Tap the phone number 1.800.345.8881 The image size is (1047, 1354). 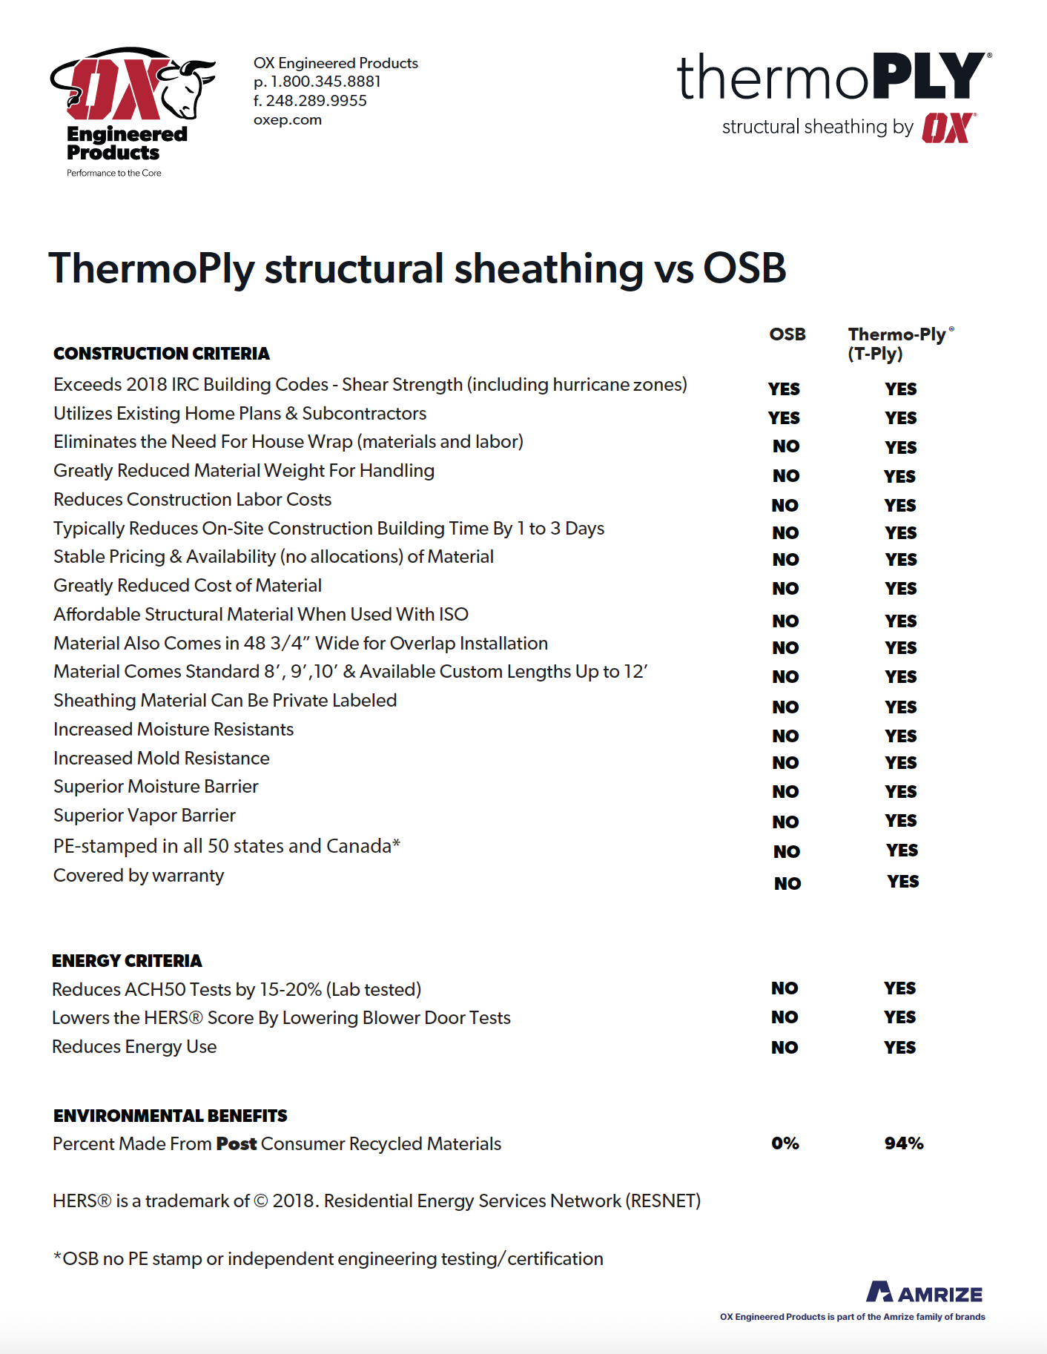(x=326, y=82)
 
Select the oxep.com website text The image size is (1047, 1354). (x=288, y=120)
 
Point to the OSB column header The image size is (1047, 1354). (x=787, y=334)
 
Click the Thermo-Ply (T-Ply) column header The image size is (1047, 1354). (x=896, y=344)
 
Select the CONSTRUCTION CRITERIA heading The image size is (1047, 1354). (x=162, y=354)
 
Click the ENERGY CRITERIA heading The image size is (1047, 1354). (x=127, y=961)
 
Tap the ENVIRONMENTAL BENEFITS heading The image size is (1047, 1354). (x=170, y=1116)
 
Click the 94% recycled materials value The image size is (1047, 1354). (x=903, y=1143)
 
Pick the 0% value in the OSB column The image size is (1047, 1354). (x=785, y=1143)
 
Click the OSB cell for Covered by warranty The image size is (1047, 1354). (x=787, y=883)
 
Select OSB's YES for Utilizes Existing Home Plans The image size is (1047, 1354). (x=784, y=418)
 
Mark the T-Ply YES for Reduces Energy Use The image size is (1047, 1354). (x=899, y=1048)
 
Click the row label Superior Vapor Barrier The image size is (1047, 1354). (x=145, y=816)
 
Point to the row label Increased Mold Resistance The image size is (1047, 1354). (x=162, y=759)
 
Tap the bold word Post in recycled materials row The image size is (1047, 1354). (x=236, y=1144)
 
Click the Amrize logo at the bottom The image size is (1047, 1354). (x=924, y=1293)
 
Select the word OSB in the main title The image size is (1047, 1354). (x=744, y=268)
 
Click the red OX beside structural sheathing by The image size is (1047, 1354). (x=948, y=128)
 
